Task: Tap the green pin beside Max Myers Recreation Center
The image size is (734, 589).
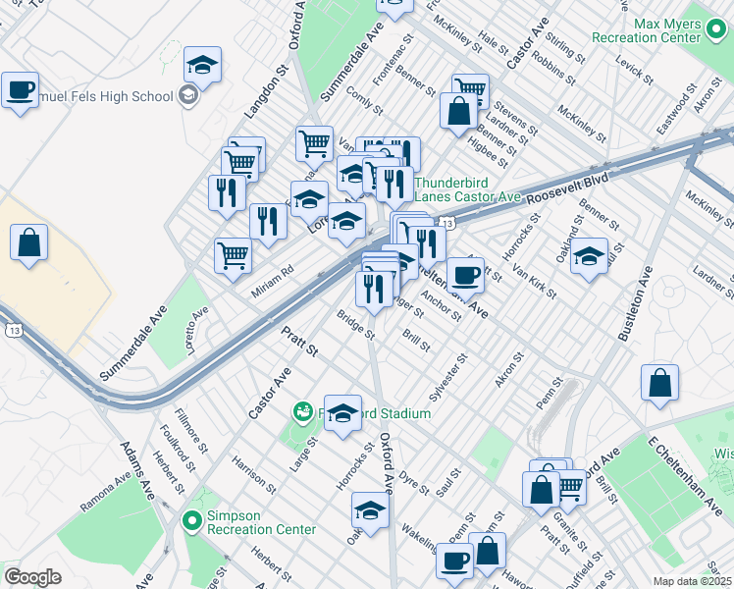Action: [x=718, y=36]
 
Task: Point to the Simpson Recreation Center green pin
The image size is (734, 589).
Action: [x=190, y=520]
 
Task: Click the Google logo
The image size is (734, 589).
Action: [x=32, y=577]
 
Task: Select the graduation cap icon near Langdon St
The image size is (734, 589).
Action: [x=203, y=66]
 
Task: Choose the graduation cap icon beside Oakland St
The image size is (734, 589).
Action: [x=589, y=257]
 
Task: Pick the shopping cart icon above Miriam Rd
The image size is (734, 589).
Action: [x=233, y=255]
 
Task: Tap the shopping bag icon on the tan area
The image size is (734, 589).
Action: [x=29, y=241]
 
